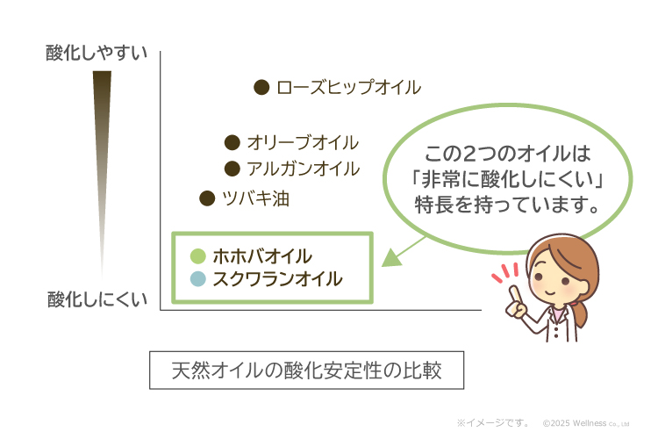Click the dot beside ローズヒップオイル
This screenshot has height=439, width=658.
(x=261, y=87)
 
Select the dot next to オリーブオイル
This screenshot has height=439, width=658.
(x=232, y=142)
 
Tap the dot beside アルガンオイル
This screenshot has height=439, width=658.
(x=232, y=169)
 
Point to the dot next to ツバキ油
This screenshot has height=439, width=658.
(x=207, y=198)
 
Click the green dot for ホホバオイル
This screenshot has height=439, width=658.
(x=198, y=256)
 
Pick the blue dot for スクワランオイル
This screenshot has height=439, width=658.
(x=198, y=279)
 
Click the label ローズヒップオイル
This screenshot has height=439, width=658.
(x=348, y=88)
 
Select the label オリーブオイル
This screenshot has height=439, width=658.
(x=303, y=142)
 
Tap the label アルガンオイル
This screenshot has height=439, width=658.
(x=303, y=169)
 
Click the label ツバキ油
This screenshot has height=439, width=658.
(x=255, y=198)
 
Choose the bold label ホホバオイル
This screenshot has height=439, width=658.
(x=262, y=256)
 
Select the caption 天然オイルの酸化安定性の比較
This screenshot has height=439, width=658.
(x=305, y=371)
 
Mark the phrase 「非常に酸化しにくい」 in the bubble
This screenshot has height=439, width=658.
(x=511, y=182)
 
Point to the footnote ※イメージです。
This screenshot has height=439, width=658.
(x=492, y=422)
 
